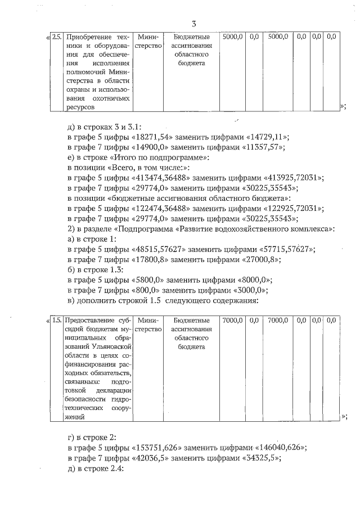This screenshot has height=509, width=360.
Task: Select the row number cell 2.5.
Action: coord(57,37)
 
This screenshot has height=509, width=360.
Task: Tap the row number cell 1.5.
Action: coord(57,320)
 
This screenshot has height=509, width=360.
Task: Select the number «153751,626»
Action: coord(156,448)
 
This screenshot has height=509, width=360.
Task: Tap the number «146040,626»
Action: coord(280,448)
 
